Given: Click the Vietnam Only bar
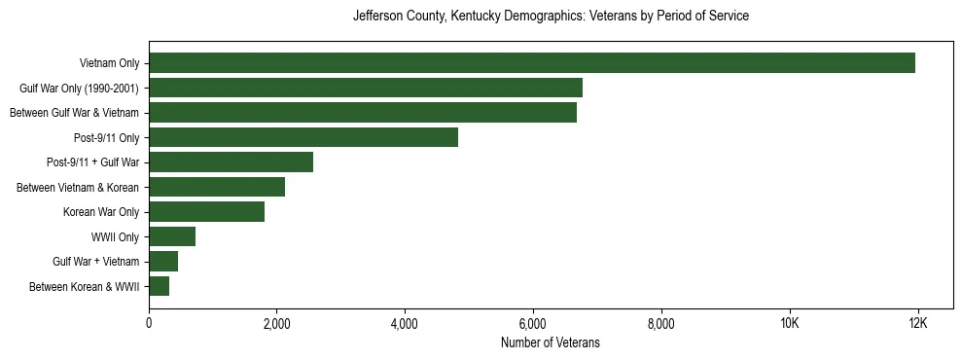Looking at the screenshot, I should coord(532,63).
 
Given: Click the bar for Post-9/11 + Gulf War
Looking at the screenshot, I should coord(232,162).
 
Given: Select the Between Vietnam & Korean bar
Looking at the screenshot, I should coord(217,187).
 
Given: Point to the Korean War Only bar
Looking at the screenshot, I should coord(207,212).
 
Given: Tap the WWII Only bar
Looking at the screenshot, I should coord(172,236).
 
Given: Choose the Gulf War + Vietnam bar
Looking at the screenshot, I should coord(163,262).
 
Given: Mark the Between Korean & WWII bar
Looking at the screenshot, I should coord(160,286).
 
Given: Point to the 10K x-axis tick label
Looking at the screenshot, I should coord(789,323).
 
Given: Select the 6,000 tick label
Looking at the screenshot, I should coord(533,323).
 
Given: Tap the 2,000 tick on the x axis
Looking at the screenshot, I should coord(277,323).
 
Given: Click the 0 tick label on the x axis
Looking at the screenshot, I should coord(149,323).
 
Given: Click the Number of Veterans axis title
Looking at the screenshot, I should coord(551,342).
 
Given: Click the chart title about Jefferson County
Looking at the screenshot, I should coord(551,17).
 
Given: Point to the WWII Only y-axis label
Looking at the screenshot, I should coord(115,236).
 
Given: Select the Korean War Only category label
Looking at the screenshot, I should coord(101,212).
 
